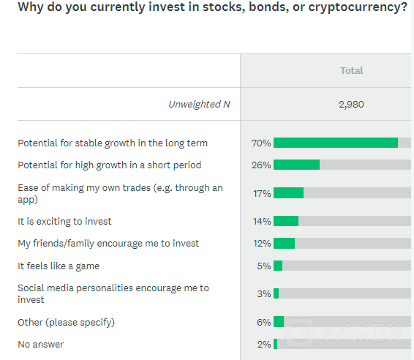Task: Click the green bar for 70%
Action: pyautogui.click(x=336, y=143)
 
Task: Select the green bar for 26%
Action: pyautogui.click(x=296, y=165)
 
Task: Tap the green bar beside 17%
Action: pyautogui.click(x=289, y=193)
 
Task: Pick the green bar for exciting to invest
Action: pyautogui.click(x=286, y=221)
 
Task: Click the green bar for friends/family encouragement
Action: pyautogui.click(x=284, y=243)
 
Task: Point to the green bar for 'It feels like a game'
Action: pyautogui.click(x=278, y=266)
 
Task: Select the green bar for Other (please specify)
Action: pyautogui.click(x=279, y=322)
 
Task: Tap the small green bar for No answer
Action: pyautogui.click(x=275, y=344)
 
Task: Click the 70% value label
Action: pyautogui.click(x=261, y=143)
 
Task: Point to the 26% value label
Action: pyautogui.click(x=261, y=165)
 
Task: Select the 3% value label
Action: pyautogui.click(x=264, y=293)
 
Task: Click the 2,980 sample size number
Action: pyautogui.click(x=351, y=105)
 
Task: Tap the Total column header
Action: pyautogui.click(x=351, y=70)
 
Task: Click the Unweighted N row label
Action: pyautogui.click(x=200, y=105)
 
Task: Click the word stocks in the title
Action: pyautogui.click(x=222, y=7)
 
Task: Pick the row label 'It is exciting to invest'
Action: pyautogui.click(x=64, y=221)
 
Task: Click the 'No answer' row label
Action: pyautogui.click(x=41, y=345)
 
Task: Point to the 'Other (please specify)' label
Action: pyautogui.click(x=67, y=323)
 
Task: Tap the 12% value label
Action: pyautogui.click(x=262, y=243)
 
